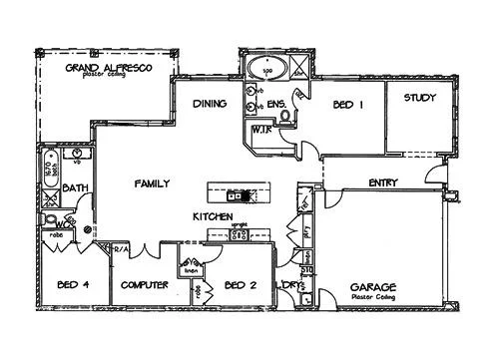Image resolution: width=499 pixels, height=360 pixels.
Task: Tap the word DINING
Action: (x=209, y=104)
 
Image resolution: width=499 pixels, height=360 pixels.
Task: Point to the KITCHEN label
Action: (x=213, y=216)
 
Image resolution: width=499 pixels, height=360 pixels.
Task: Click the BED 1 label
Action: (x=346, y=104)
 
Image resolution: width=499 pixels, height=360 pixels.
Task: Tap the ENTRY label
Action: (x=384, y=182)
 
